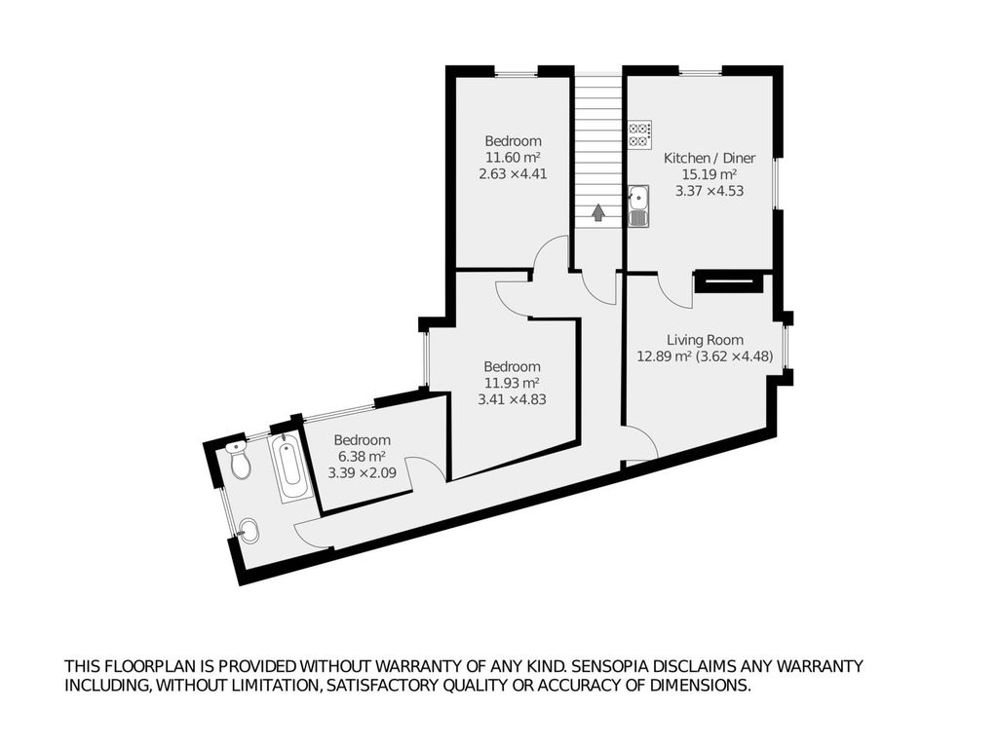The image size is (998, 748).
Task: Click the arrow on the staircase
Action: pyautogui.click(x=597, y=212)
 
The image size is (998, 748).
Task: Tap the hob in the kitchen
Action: pyautogui.click(x=639, y=134)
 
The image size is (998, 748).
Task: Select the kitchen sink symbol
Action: pyautogui.click(x=638, y=206)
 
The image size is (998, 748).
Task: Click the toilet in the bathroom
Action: pyautogui.click(x=239, y=460)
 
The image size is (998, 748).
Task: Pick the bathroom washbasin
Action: pyautogui.click(x=249, y=531)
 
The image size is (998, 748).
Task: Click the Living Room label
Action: pyautogui.click(x=706, y=340)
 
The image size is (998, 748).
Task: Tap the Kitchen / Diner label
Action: pyautogui.click(x=710, y=159)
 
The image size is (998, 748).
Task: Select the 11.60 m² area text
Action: pyautogui.click(x=513, y=157)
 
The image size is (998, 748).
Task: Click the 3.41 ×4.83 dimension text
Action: pyautogui.click(x=513, y=399)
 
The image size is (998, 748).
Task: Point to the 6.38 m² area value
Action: pyautogui.click(x=361, y=457)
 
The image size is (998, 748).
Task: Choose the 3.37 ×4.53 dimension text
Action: pyautogui.click(x=710, y=191)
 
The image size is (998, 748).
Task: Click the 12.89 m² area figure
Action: pyautogui.click(x=665, y=356)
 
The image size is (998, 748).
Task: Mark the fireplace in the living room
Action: pyautogui.click(x=728, y=281)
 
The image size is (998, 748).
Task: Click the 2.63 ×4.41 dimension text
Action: pyautogui.click(x=513, y=173)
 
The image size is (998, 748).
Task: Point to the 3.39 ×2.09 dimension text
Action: pyautogui.click(x=363, y=473)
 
